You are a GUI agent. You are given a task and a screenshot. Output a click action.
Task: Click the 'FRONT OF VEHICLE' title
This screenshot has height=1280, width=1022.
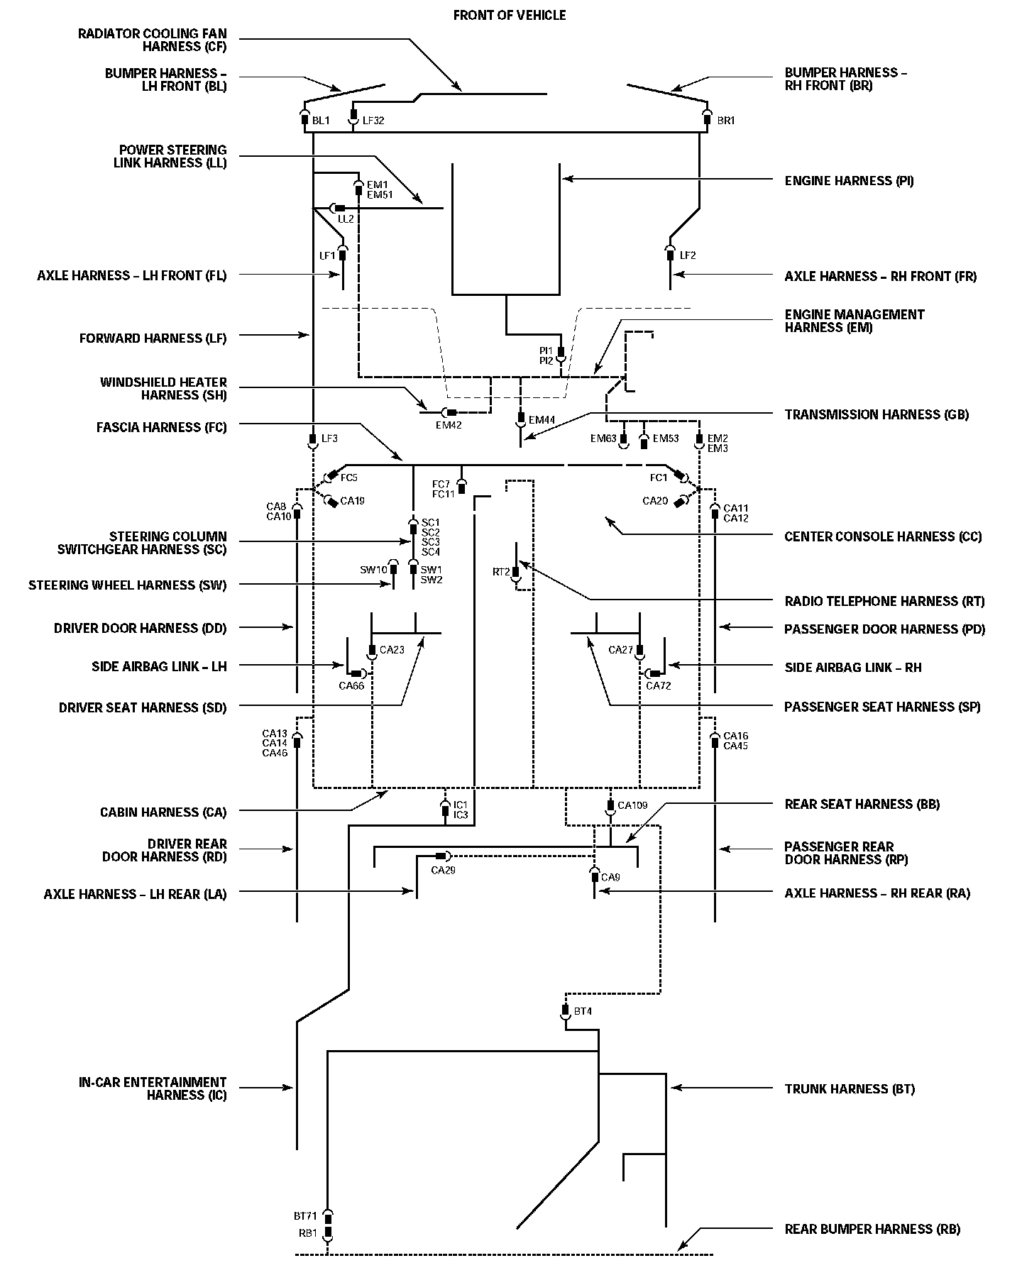coord(510,15)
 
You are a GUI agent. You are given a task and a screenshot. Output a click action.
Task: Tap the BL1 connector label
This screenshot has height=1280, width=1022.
coord(321,121)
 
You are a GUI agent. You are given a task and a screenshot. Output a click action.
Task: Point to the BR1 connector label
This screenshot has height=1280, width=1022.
coord(725,121)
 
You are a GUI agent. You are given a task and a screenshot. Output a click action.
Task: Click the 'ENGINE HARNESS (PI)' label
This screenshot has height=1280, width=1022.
coord(849,181)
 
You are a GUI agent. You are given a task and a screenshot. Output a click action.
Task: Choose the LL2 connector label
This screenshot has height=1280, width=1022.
coord(346,219)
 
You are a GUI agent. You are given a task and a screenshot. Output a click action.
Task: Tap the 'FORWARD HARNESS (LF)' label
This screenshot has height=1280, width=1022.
coord(153,338)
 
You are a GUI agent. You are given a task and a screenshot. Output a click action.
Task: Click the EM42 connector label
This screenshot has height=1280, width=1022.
coord(449,425)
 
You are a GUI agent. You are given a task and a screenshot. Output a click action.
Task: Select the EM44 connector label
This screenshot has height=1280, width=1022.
coord(542,420)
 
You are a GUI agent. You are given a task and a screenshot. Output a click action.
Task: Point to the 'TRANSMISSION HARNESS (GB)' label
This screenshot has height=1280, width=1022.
coord(877,414)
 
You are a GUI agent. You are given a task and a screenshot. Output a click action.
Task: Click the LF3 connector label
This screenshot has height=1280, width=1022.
coord(329,438)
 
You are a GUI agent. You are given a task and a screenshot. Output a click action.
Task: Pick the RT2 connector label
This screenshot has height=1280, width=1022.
coord(501,572)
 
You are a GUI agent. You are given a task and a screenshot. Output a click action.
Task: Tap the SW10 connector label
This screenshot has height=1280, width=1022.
coord(373,570)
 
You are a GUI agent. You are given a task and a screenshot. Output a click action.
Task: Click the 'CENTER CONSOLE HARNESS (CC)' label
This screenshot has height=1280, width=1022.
coord(883,536)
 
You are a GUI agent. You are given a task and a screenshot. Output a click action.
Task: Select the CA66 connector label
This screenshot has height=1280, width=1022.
coord(351,685)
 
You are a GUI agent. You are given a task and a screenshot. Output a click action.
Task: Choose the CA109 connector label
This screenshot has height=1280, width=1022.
coord(632,805)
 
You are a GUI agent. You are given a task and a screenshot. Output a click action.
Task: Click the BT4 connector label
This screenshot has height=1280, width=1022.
coord(583,1011)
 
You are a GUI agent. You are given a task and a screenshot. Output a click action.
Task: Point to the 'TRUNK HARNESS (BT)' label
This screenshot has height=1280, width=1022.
coord(850,1088)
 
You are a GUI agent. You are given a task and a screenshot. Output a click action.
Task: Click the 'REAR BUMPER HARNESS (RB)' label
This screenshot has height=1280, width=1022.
coord(872,1229)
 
